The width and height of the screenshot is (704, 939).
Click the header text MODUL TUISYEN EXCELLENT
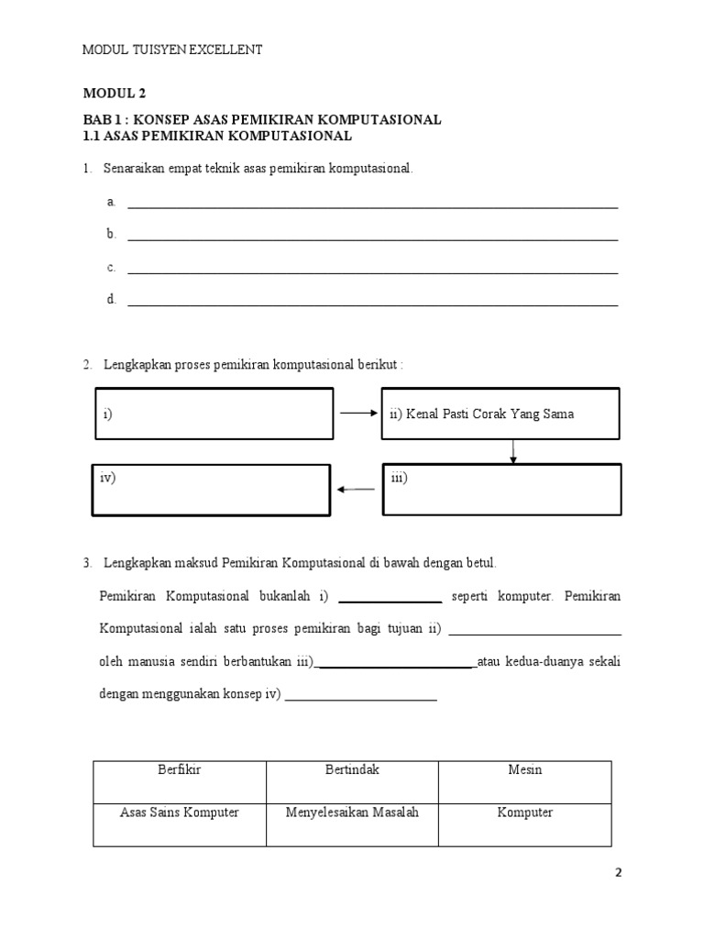173,50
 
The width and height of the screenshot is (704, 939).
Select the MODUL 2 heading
115,94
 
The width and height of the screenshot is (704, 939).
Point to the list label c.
111,268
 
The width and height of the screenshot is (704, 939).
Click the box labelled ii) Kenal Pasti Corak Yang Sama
500,414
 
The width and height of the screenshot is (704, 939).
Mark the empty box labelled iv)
210,490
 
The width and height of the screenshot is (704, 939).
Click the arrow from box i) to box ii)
358,414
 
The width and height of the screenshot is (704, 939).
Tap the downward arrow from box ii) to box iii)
513,452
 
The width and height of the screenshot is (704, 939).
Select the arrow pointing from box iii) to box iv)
356,490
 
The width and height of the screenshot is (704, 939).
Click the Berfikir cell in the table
180,770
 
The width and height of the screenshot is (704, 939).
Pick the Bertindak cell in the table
352,770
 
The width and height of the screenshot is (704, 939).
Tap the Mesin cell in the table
525,770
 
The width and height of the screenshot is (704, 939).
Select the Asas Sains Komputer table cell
180,813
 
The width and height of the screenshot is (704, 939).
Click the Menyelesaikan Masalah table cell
352,813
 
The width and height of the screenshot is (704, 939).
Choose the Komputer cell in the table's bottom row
525,813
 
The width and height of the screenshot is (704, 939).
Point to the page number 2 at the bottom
618,873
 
